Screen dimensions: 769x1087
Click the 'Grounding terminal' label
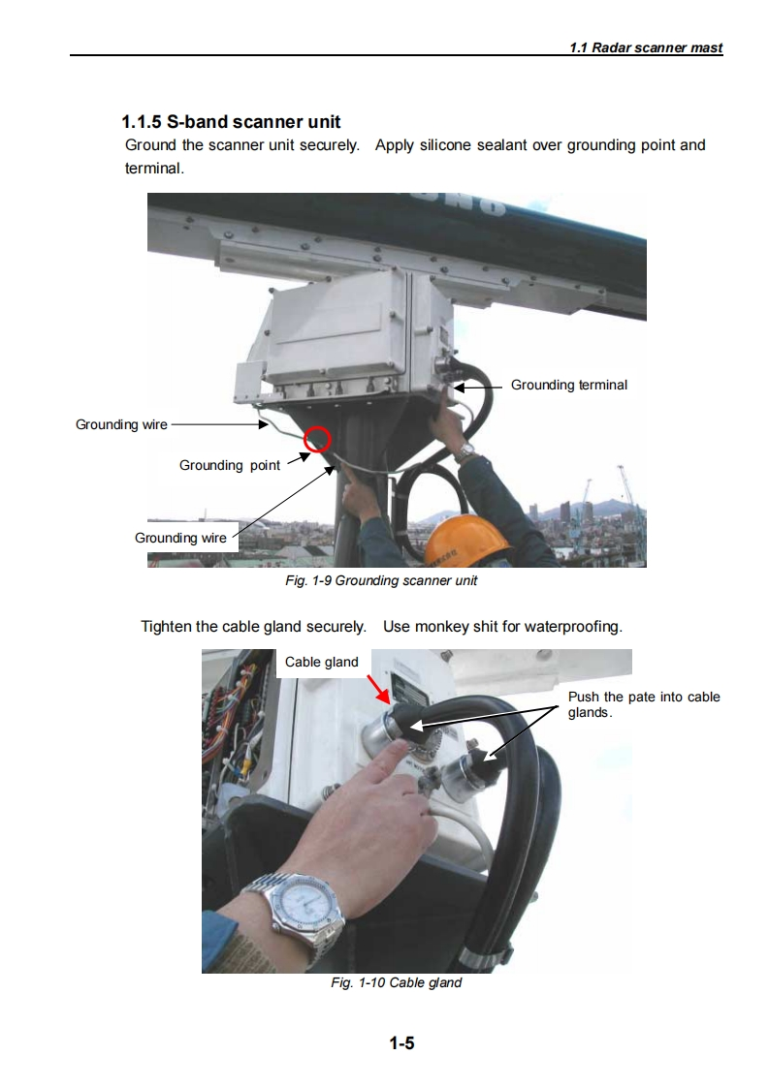point(569,385)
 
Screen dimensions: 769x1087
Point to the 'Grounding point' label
point(230,465)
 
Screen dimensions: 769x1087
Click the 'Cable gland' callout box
point(321,662)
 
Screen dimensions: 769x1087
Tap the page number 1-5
point(401,1042)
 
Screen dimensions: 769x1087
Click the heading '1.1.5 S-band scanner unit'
point(231,122)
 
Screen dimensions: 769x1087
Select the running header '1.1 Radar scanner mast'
point(646,47)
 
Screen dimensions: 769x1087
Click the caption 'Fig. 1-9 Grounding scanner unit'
point(381,580)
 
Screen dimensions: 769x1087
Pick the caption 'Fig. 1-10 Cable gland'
point(397,982)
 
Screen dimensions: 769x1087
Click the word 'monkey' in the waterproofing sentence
point(440,627)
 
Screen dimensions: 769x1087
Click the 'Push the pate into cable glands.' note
point(644,704)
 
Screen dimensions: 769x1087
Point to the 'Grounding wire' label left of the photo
point(121,424)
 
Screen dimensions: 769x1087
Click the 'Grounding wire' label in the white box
point(180,538)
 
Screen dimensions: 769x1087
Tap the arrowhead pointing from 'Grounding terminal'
point(461,388)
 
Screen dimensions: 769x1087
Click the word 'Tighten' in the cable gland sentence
point(166,627)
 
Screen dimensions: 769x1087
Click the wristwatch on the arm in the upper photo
point(466,451)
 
